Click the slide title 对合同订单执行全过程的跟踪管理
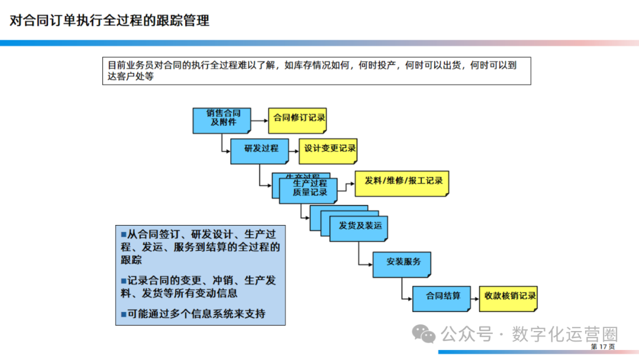[x=109, y=21]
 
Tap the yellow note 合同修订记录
[x=298, y=118]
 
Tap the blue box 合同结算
[x=443, y=295]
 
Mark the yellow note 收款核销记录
[x=509, y=297]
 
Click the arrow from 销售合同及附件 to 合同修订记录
[x=259, y=120]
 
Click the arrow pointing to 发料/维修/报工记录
[x=346, y=183]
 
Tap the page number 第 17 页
[x=602, y=346]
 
